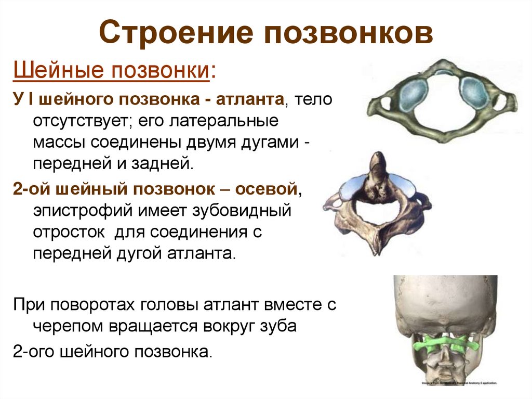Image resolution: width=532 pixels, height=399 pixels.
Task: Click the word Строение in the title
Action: point(177,32)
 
